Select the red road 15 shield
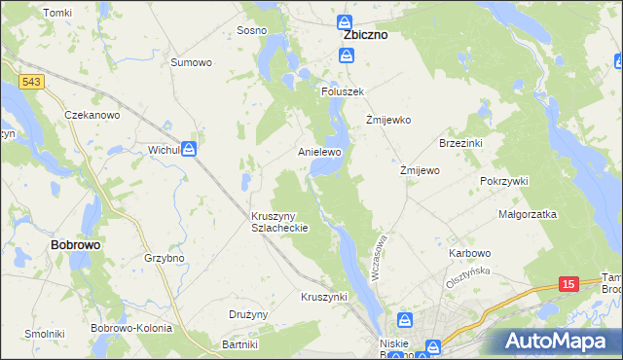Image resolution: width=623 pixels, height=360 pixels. [x=569, y=283]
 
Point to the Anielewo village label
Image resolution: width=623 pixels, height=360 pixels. [x=319, y=153]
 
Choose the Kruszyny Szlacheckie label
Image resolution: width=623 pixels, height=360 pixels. [x=279, y=221]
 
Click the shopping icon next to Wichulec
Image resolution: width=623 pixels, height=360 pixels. [x=189, y=150]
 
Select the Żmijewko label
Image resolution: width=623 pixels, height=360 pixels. [x=388, y=121]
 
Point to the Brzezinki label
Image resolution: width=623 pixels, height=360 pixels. [x=461, y=143]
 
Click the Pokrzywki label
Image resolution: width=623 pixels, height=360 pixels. [x=503, y=181]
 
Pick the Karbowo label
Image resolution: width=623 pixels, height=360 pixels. [x=470, y=253]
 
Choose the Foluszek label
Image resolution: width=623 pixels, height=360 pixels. [x=343, y=90]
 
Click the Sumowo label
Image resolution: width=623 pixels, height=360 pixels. [x=191, y=62]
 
